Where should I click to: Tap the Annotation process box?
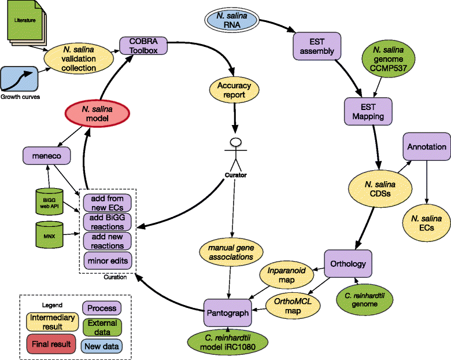coord(426,147)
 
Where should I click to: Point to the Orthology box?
coord(348,264)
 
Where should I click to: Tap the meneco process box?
coord(47,155)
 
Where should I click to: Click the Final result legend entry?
coord(50,344)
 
